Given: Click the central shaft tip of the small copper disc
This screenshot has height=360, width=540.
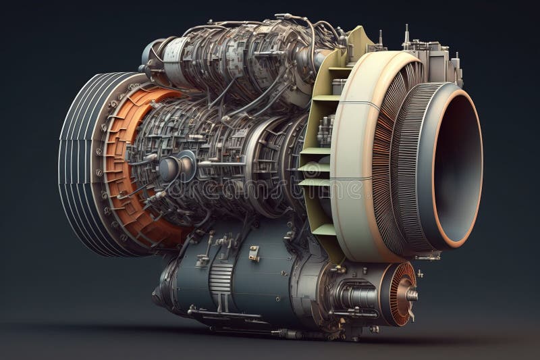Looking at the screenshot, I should pyautogui.click(x=412, y=294).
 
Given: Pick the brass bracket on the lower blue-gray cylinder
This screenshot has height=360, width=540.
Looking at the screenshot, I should pyautogui.click(x=254, y=254).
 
